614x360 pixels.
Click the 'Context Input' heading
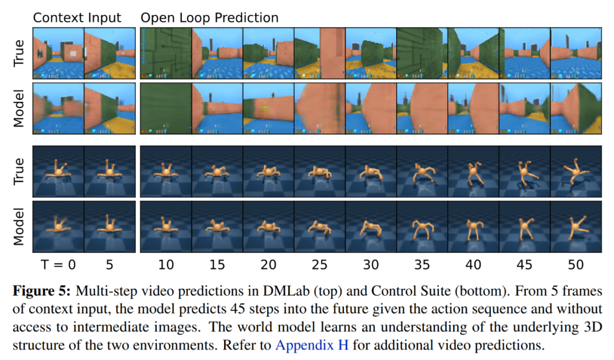(77, 18)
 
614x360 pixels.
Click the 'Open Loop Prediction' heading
(209, 18)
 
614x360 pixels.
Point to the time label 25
(320, 264)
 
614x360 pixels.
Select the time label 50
(575, 264)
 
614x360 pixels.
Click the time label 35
(422, 264)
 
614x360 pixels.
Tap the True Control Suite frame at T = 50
(575, 172)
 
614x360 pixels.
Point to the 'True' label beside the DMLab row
(19, 53)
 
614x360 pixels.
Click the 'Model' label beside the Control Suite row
(19, 227)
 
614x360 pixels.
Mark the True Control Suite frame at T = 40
(473, 172)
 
